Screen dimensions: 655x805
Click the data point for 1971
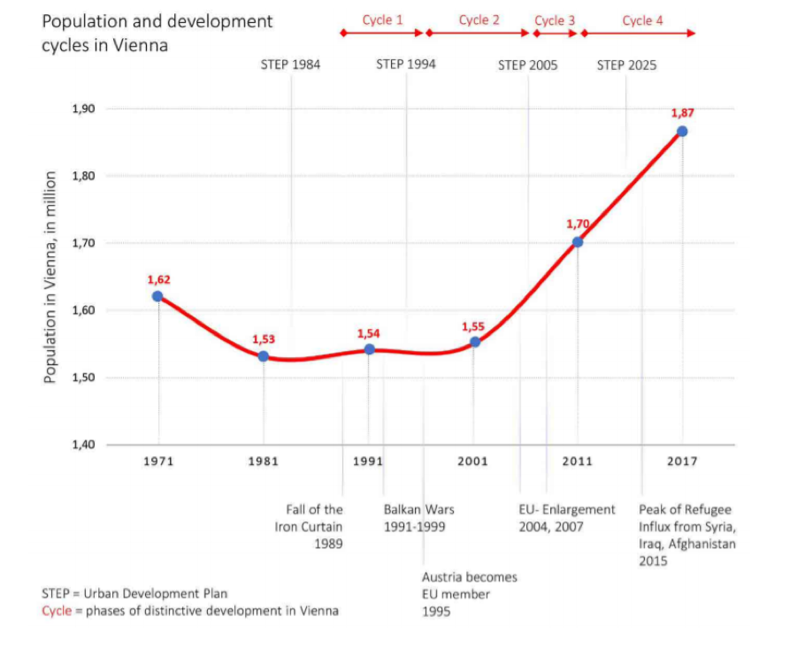click(x=158, y=296)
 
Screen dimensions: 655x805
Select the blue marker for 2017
click(x=682, y=131)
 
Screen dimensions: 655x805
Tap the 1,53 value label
click(x=264, y=339)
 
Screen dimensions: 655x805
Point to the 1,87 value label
click(x=682, y=113)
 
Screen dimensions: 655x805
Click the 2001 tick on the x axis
click(x=473, y=461)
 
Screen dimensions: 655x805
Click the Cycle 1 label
click(x=382, y=20)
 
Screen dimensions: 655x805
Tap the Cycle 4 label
click(x=642, y=20)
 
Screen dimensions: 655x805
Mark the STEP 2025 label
click(x=626, y=65)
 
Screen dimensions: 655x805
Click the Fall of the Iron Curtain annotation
click(x=314, y=527)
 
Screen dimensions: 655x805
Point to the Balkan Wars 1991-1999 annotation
click(x=418, y=518)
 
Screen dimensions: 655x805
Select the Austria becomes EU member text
click(x=469, y=594)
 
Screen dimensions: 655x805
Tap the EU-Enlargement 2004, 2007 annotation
click(x=566, y=518)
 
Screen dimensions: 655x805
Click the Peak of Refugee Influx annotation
click(x=686, y=535)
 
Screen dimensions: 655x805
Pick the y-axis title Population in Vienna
click(x=51, y=277)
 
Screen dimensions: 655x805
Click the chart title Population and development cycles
click(x=157, y=32)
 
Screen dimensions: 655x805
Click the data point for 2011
click(x=578, y=242)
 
